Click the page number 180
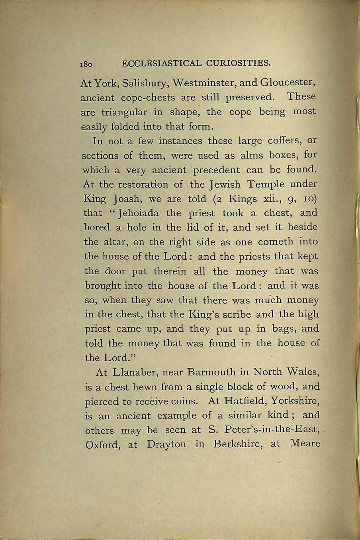coord(86,64)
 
